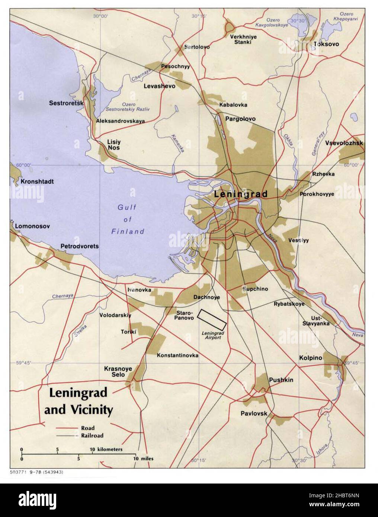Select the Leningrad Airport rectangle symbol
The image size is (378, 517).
tap(212, 319)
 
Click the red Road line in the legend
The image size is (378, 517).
tap(67, 428)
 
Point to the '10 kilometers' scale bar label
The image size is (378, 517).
tap(106, 449)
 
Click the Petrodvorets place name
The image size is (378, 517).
tap(80, 246)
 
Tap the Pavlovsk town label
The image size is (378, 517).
tap(254, 413)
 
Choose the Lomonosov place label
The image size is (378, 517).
tap(32, 226)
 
